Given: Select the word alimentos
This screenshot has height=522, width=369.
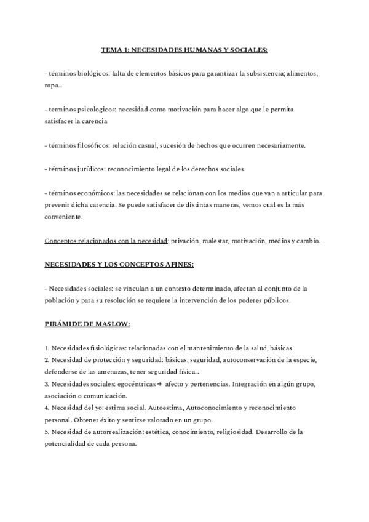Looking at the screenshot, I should click(301, 73).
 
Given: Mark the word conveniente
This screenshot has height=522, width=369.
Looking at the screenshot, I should click(63, 216).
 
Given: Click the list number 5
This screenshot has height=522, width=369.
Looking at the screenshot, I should click(47, 432).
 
